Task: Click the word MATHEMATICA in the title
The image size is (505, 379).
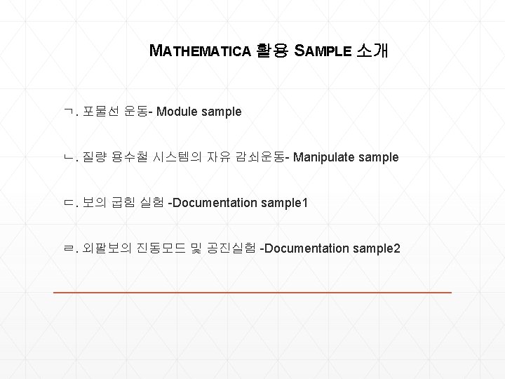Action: [201, 51]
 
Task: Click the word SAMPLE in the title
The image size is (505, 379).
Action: [322, 51]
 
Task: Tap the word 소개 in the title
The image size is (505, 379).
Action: [372, 51]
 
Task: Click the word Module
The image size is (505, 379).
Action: [178, 111]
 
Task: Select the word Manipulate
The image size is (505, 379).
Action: [324, 157]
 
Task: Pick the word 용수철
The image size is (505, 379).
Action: [139, 157]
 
